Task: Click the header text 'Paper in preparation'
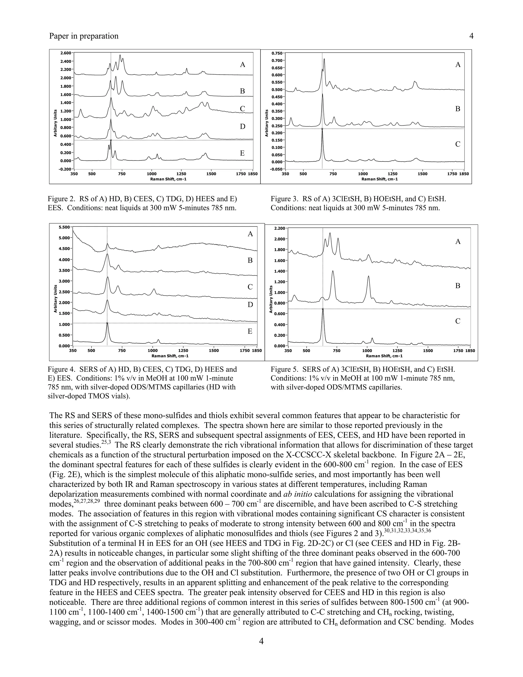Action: (84, 36)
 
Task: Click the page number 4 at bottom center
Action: (261, 641)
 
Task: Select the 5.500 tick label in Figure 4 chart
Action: (64, 227)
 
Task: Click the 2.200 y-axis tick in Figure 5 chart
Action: (280, 228)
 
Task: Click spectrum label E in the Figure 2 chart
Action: (242, 153)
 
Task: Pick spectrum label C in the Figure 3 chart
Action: (458, 144)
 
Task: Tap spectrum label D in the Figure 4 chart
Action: (250, 305)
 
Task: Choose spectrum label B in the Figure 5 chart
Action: (458, 286)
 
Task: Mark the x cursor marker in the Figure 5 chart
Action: (323, 309)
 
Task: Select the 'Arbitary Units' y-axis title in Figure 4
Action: (56, 298)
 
